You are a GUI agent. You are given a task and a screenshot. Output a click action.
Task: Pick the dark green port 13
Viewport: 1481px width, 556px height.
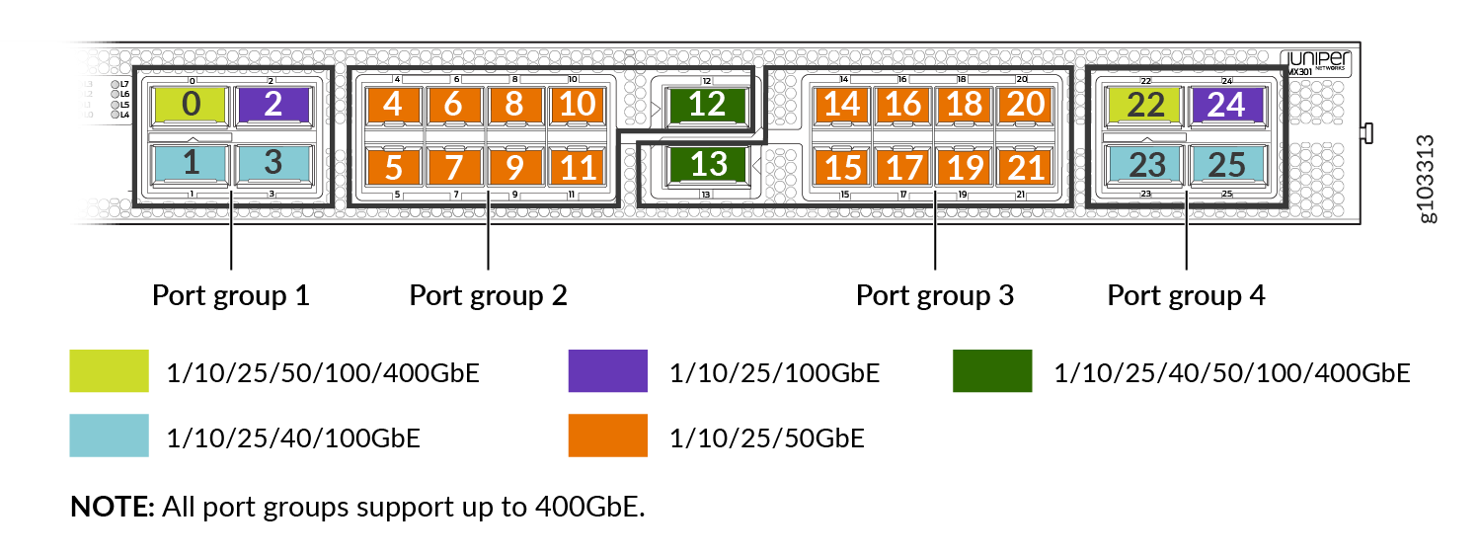coord(707,164)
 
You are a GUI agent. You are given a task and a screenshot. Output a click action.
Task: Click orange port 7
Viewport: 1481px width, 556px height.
coord(454,167)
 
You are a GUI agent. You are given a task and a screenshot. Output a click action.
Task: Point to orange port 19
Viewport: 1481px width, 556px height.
coord(964,167)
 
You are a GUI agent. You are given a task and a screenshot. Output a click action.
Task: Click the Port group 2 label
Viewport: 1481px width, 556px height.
coord(488,295)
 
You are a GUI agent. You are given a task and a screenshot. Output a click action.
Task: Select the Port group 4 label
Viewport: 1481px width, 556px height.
coord(1185,295)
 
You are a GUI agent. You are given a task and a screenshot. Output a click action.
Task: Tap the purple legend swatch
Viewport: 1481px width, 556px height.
coord(607,371)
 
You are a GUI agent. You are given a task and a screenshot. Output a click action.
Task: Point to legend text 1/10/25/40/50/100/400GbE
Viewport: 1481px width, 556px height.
coord(1231,373)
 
